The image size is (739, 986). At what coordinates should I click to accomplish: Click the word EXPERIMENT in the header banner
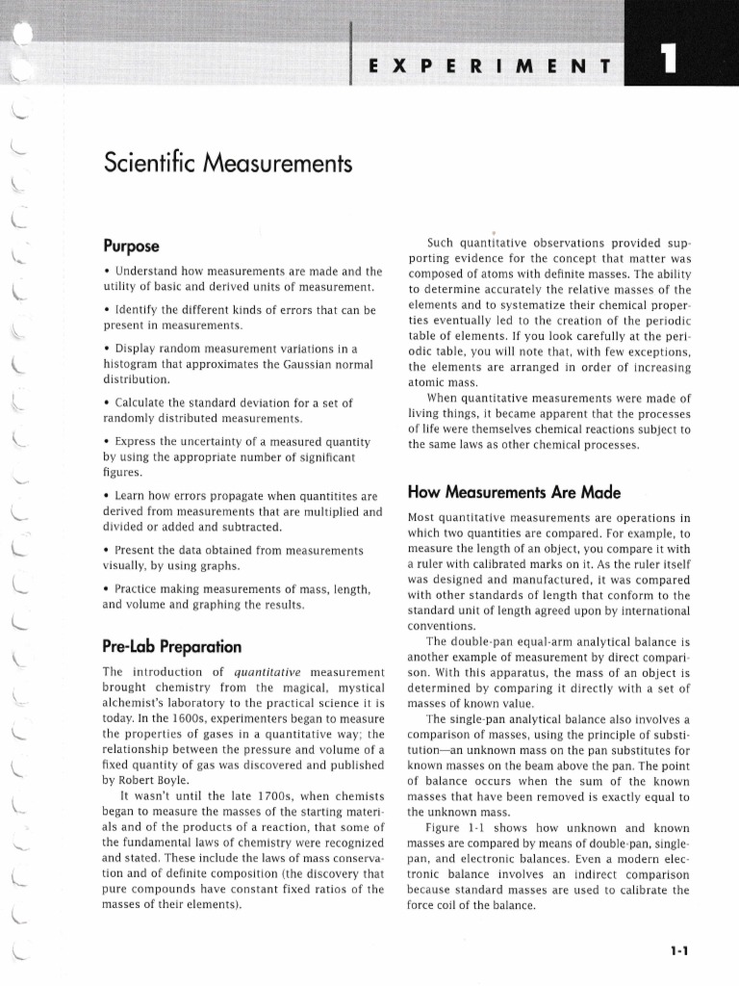pyautogui.click(x=490, y=66)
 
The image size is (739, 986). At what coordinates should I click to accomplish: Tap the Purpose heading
pyautogui.click(x=132, y=246)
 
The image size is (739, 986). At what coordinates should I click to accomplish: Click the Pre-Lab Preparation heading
pyautogui.click(x=171, y=645)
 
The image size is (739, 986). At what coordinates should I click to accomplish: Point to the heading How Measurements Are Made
pyautogui.click(x=514, y=491)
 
